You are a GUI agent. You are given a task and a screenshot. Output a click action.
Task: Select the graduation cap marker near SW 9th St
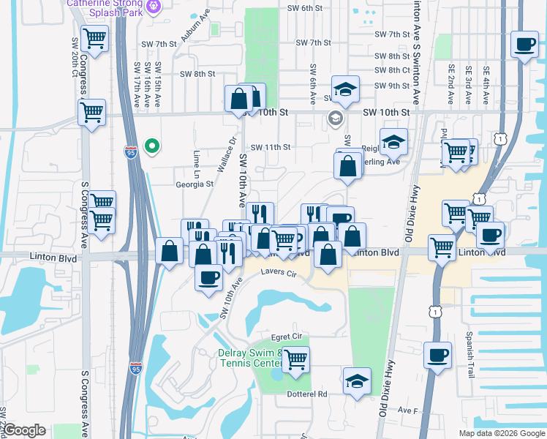point(345,89)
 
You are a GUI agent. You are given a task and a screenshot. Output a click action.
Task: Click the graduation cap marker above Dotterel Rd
point(357,380)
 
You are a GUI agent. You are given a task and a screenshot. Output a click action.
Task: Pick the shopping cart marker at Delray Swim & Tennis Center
point(295,360)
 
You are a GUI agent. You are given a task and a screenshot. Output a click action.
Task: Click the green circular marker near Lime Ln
point(152,146)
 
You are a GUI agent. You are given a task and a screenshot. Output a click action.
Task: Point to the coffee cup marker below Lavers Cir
point(209,277)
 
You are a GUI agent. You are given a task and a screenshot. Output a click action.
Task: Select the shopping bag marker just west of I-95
point(170,250)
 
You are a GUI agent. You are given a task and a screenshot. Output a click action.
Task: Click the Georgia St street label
point(194,184)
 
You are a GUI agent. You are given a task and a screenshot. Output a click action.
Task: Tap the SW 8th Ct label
point(391,70)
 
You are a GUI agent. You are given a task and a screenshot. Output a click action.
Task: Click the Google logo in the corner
point(25,430)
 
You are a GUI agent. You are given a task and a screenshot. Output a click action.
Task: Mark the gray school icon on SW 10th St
point(336,119)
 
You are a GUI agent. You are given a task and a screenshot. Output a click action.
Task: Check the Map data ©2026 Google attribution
point(502,433)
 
